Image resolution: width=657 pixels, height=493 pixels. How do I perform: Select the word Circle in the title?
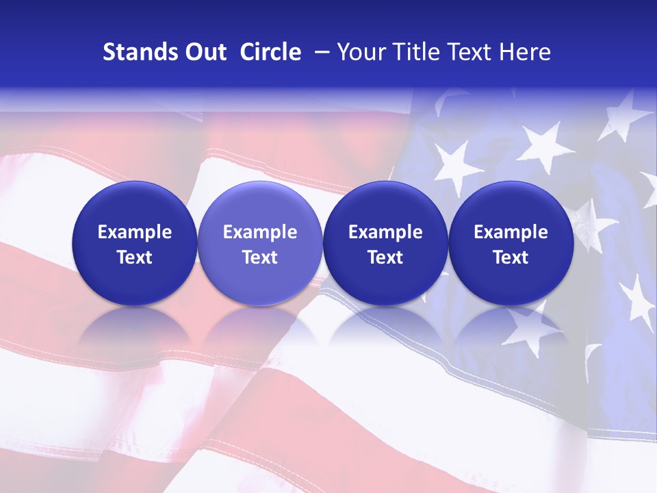pyautogui.click(x=270, y=53)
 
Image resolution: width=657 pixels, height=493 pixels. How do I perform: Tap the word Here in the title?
pyautogui.click(x=524, y=53)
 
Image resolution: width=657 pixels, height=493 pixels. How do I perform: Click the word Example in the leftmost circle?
pyautogui.click(x=134, y=232)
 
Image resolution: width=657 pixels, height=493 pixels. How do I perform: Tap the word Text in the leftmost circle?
pyautogui.click(x=134, y=257)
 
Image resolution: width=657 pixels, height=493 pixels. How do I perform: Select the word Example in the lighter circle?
pyautogui.click(x=260, y=232)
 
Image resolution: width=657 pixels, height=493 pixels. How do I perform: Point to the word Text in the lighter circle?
pyautogui.click(x=260, y=257)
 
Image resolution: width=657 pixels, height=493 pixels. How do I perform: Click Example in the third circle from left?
pyautogui.click(x=385, y=232)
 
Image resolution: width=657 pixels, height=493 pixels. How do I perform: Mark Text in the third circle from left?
pyautogui.click(x=385, y=257)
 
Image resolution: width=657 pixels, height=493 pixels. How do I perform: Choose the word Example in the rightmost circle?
pyautogui.click(x=511, y=232)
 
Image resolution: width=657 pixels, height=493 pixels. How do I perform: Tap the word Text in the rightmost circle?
pyautogui.click(x=511, y=257)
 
